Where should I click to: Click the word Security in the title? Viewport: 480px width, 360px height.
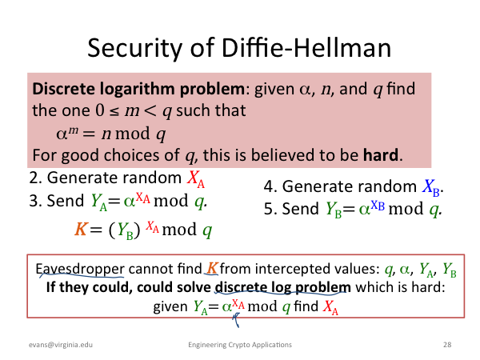click(135, 48)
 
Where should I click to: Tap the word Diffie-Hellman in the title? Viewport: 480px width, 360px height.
click(306, 47)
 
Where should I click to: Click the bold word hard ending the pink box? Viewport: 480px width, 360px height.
click(381, 154)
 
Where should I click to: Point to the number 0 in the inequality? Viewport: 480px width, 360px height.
click(100, 110)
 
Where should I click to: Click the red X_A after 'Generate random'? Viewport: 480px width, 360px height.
click(196, 178)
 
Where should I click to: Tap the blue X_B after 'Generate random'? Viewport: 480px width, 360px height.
click(431, 187)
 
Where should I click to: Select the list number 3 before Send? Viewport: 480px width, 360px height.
click(33, 201)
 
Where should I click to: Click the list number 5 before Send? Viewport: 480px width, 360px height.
click(268, 209)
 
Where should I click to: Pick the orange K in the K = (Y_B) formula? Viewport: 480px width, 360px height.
click(81, 229)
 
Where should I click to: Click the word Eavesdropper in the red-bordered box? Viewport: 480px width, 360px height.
click(80, 270)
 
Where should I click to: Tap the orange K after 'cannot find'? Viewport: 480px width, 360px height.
click(212, 269)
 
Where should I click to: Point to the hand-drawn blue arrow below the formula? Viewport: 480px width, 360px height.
click(236, 319)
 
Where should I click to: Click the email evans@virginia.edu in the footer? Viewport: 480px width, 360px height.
click(61, 345)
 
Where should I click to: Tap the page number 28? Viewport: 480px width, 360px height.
click(447, 345)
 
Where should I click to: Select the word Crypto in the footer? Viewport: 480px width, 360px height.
click(238, 345)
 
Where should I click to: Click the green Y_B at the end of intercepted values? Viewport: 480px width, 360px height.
click(450, 270)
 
